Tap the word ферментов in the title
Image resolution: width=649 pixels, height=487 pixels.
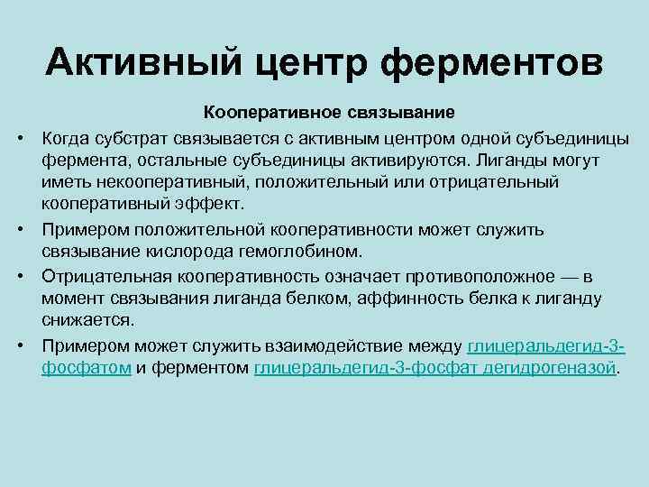492,63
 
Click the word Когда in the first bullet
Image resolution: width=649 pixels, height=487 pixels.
66,137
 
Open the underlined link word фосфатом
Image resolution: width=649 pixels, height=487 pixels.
86,369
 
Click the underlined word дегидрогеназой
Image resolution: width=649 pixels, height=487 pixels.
561,369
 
